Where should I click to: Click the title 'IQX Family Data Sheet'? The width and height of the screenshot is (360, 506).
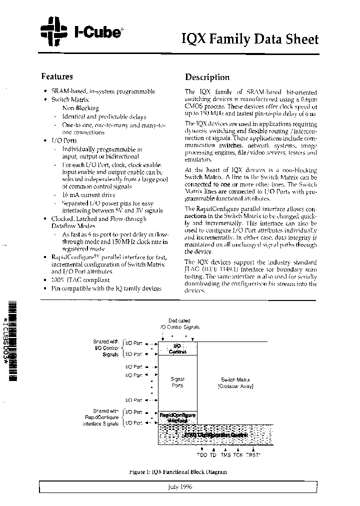(249, 39)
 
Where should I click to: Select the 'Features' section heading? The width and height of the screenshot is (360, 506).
(57, 76)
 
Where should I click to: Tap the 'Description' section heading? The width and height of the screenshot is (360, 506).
(207, 77)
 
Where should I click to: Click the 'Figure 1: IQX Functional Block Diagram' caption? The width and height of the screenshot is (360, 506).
(177, 471)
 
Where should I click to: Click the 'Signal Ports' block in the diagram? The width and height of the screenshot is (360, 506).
(177, 382)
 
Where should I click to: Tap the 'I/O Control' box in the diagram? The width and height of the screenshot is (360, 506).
(177, 348)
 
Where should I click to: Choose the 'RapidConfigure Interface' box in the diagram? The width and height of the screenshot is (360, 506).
(177, 417)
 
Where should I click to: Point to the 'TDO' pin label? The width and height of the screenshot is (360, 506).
(202, 455)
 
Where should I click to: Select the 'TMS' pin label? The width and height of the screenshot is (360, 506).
(225, 455)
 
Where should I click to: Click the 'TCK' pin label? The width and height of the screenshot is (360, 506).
(238, 455)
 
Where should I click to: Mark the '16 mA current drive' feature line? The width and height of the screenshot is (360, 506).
(88, 194)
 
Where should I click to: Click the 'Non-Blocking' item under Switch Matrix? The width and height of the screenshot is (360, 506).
(80, 107)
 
